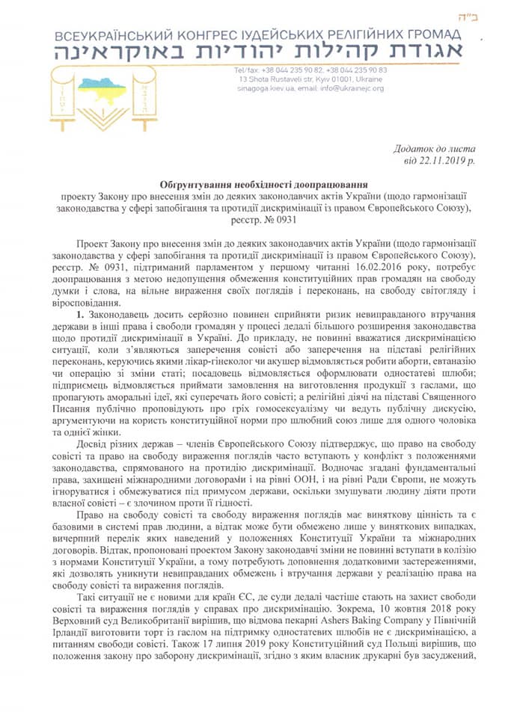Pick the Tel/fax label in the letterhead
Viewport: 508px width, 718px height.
tap(246, 70)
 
